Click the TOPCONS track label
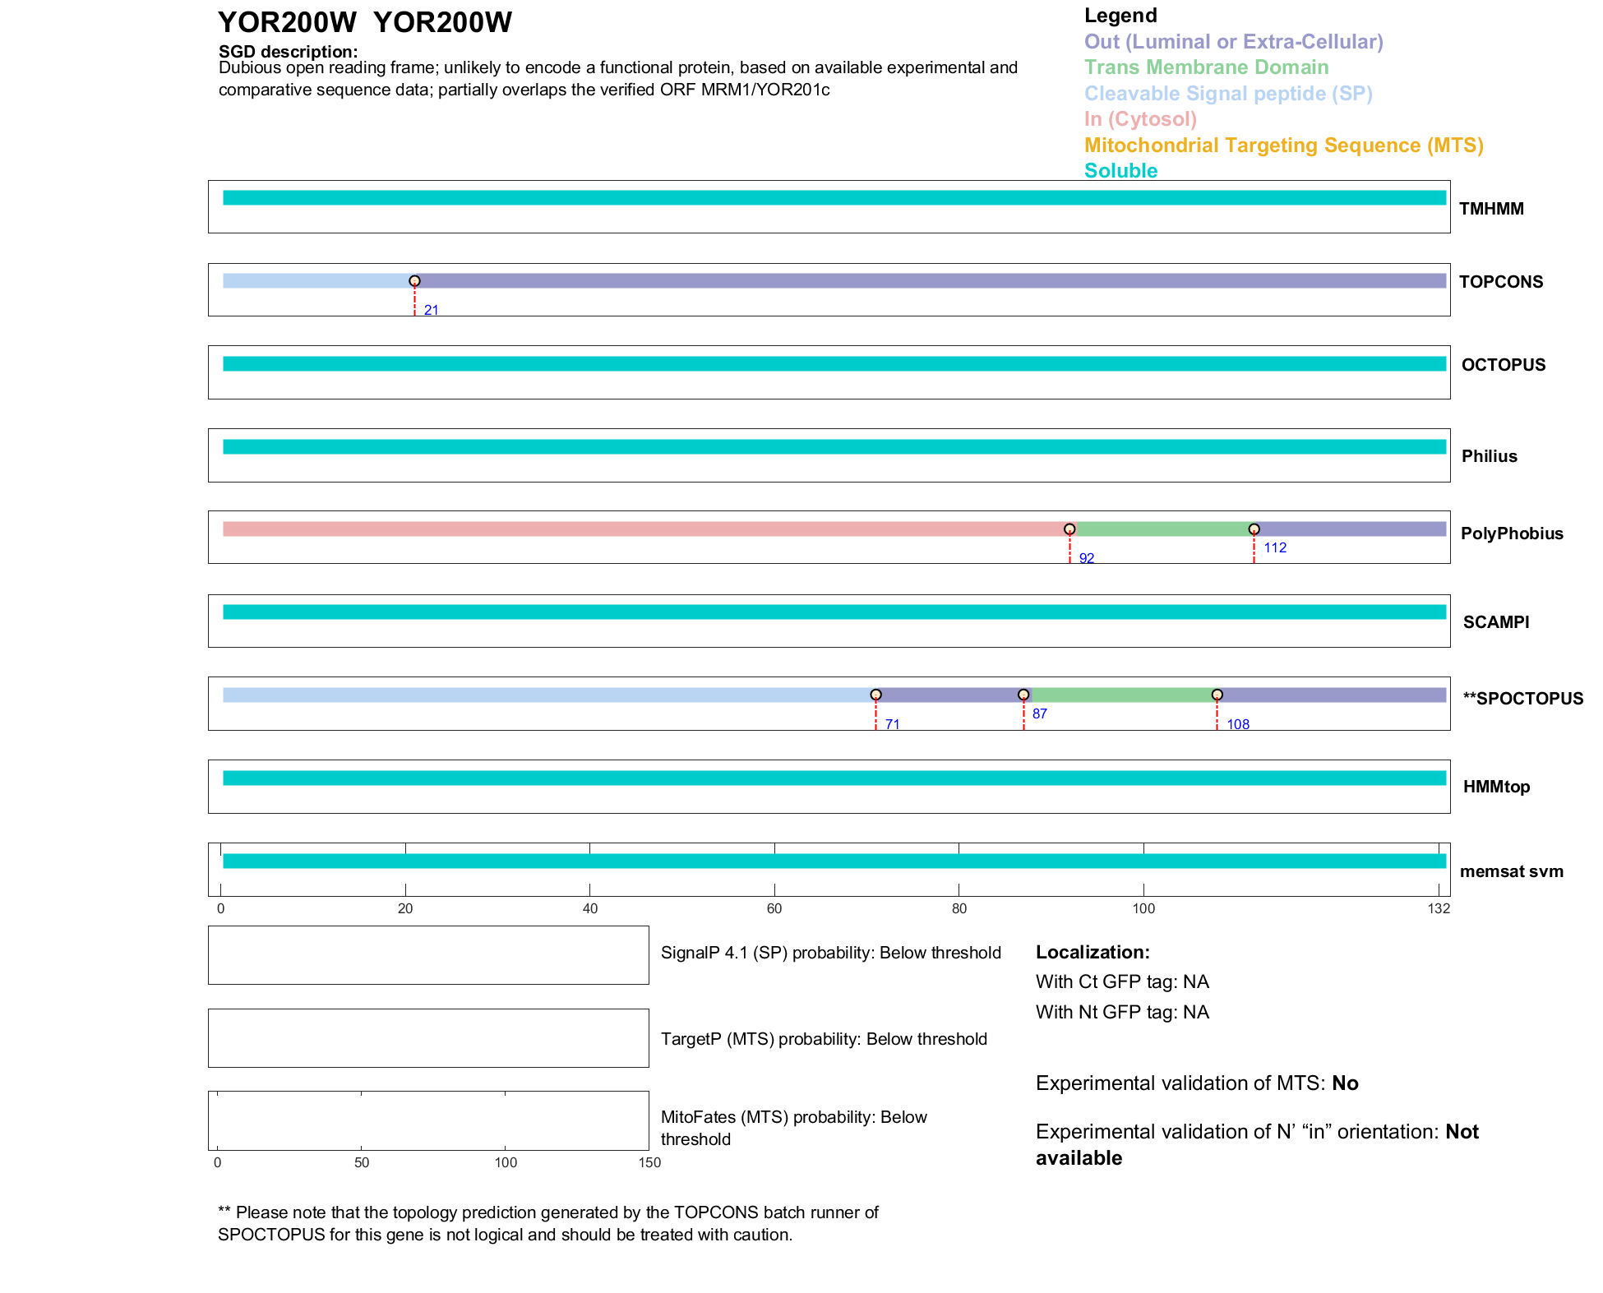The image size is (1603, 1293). tap(1500, 282)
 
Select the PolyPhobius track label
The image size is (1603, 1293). tap(1511, 533)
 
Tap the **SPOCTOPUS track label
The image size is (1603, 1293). tap(1522, 699)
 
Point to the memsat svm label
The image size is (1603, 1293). tap(1511, 871)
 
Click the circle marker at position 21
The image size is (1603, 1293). tap(414, 281)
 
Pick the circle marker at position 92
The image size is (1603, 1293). tap(1069, 529)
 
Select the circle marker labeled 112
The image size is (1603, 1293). tap(1254, 529)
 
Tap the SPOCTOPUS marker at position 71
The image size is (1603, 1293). tap(875, 695)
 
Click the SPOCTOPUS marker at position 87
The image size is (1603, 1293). tap(1023, 695)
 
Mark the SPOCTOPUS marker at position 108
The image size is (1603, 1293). tap(1217, 695)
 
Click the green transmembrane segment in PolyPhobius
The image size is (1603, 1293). tap(1162, 529)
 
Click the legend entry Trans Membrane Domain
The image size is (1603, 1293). tap(1206, 67)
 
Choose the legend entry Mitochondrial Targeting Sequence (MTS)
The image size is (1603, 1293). tap(1283, 145)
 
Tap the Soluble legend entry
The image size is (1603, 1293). tap(1120, 171)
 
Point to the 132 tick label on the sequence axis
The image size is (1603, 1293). tap(1439, 908)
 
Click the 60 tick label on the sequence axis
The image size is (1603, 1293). tap(774, 908)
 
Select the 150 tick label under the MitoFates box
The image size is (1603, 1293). tap(649, 1162)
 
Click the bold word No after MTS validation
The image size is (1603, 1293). tap(1345, 1083)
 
